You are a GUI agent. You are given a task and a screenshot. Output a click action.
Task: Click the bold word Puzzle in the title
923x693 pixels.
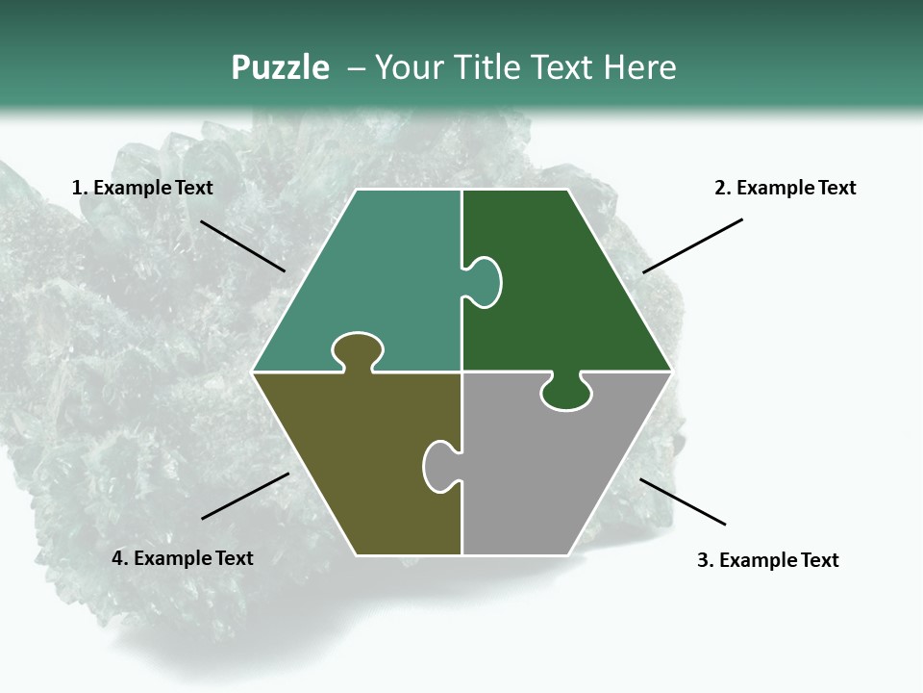(280, 68)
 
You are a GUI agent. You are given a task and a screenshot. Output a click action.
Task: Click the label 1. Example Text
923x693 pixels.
(142, 188)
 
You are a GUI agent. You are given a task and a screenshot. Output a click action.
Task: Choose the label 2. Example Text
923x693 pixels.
(785, 188)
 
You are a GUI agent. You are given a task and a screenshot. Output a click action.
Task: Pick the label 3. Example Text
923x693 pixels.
(767, 560)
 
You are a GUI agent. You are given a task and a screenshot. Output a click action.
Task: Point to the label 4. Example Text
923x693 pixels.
(183, 558)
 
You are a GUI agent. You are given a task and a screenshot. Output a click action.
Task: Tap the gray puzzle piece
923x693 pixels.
(548, 472)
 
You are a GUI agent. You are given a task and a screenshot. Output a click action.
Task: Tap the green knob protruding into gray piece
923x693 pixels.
(566, 393)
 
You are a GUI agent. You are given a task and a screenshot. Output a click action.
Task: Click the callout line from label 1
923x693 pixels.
(242, 246)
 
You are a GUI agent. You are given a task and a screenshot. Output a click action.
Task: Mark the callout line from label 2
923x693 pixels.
(692, 245)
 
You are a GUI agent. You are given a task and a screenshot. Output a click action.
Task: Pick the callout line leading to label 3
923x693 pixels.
(683, 501)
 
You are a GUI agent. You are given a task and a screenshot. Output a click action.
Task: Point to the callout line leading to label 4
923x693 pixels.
(245, 496)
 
